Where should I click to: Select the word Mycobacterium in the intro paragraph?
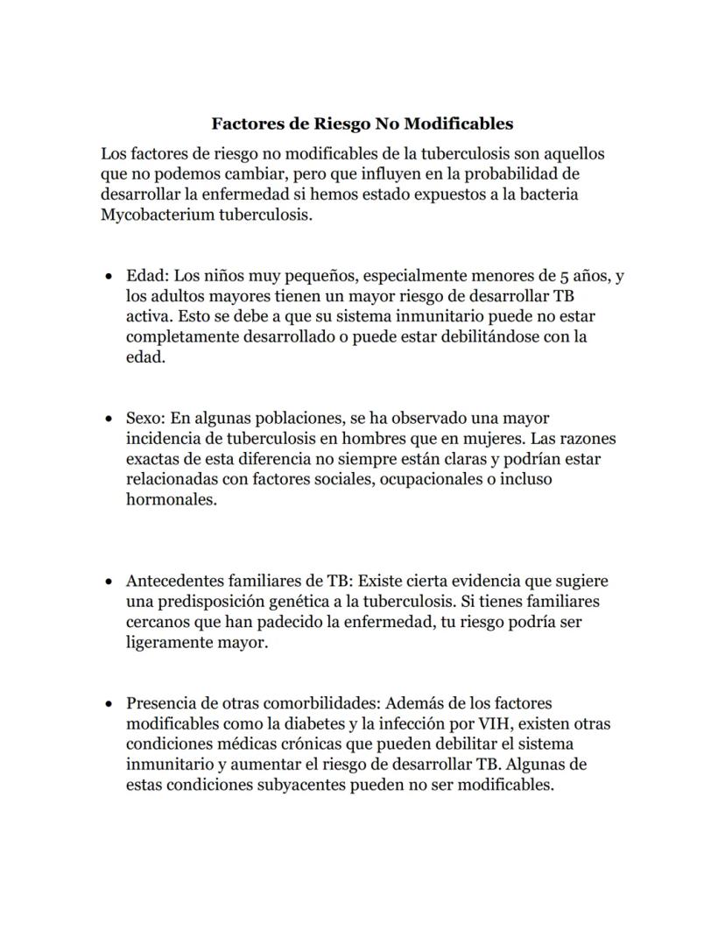pyautogui.click(x=153, y=215)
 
